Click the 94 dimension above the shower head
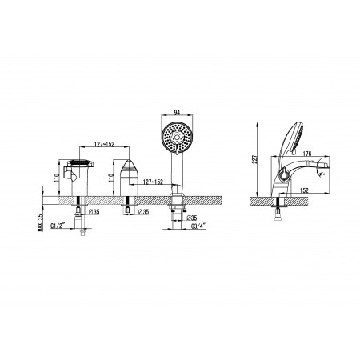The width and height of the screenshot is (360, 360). pyautogui.click(x=177, y=112)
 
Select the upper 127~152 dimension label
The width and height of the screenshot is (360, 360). pyautogui.click(x=104, y=144)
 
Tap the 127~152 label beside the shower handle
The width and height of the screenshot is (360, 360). pyautogui.click(x=153, y=182)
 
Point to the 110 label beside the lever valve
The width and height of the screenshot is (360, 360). pyautogui.click(x=56, y=178)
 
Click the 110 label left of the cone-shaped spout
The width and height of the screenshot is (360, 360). pyautogui.click(x=111, y=178)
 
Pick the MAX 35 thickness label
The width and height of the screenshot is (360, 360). pyautogui.click(x=40, y=222)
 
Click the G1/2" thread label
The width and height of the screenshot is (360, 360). pyautogui.click(x=58, y=226)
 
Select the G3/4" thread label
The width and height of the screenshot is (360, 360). pyautogui.click(x=198, y=226)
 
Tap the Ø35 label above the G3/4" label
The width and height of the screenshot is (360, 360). pyautogui.click(x=192, y=218)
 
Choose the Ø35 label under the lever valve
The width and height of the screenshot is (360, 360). pyautogui.click(x=94, y=212)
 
